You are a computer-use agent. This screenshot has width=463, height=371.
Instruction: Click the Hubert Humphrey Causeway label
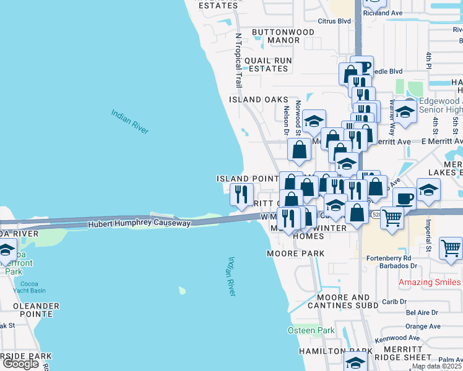click(x=139, y=223)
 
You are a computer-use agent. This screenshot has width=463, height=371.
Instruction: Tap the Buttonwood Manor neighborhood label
click(x=275, y=36)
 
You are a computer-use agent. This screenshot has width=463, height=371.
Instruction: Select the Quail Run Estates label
click(x=267, y=64)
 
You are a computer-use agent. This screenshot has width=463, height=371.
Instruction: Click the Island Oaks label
click(x=259, y=99)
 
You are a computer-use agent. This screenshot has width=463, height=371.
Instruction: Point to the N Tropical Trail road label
click(x=238, y=59)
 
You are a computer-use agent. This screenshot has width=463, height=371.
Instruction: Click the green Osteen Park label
click(x=311, y=330)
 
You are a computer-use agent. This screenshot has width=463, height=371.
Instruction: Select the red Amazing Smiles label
click(x=430, y=282)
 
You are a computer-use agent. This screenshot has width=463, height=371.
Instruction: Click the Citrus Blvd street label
click(x=334, y=21)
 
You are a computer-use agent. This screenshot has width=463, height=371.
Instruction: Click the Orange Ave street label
click(x=423, y=326)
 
